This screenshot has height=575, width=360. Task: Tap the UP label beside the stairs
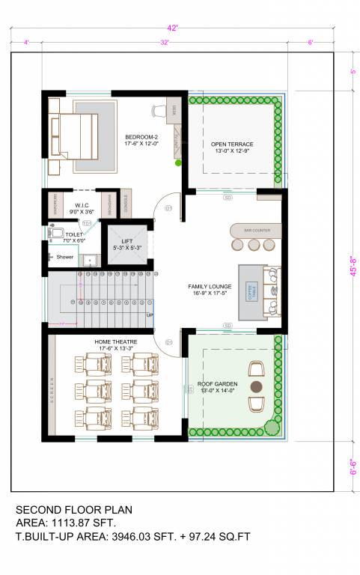pyautogui.click(x=150, y=314)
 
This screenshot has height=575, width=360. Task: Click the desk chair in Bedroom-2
pyautogui.click(x=159, y=111)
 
